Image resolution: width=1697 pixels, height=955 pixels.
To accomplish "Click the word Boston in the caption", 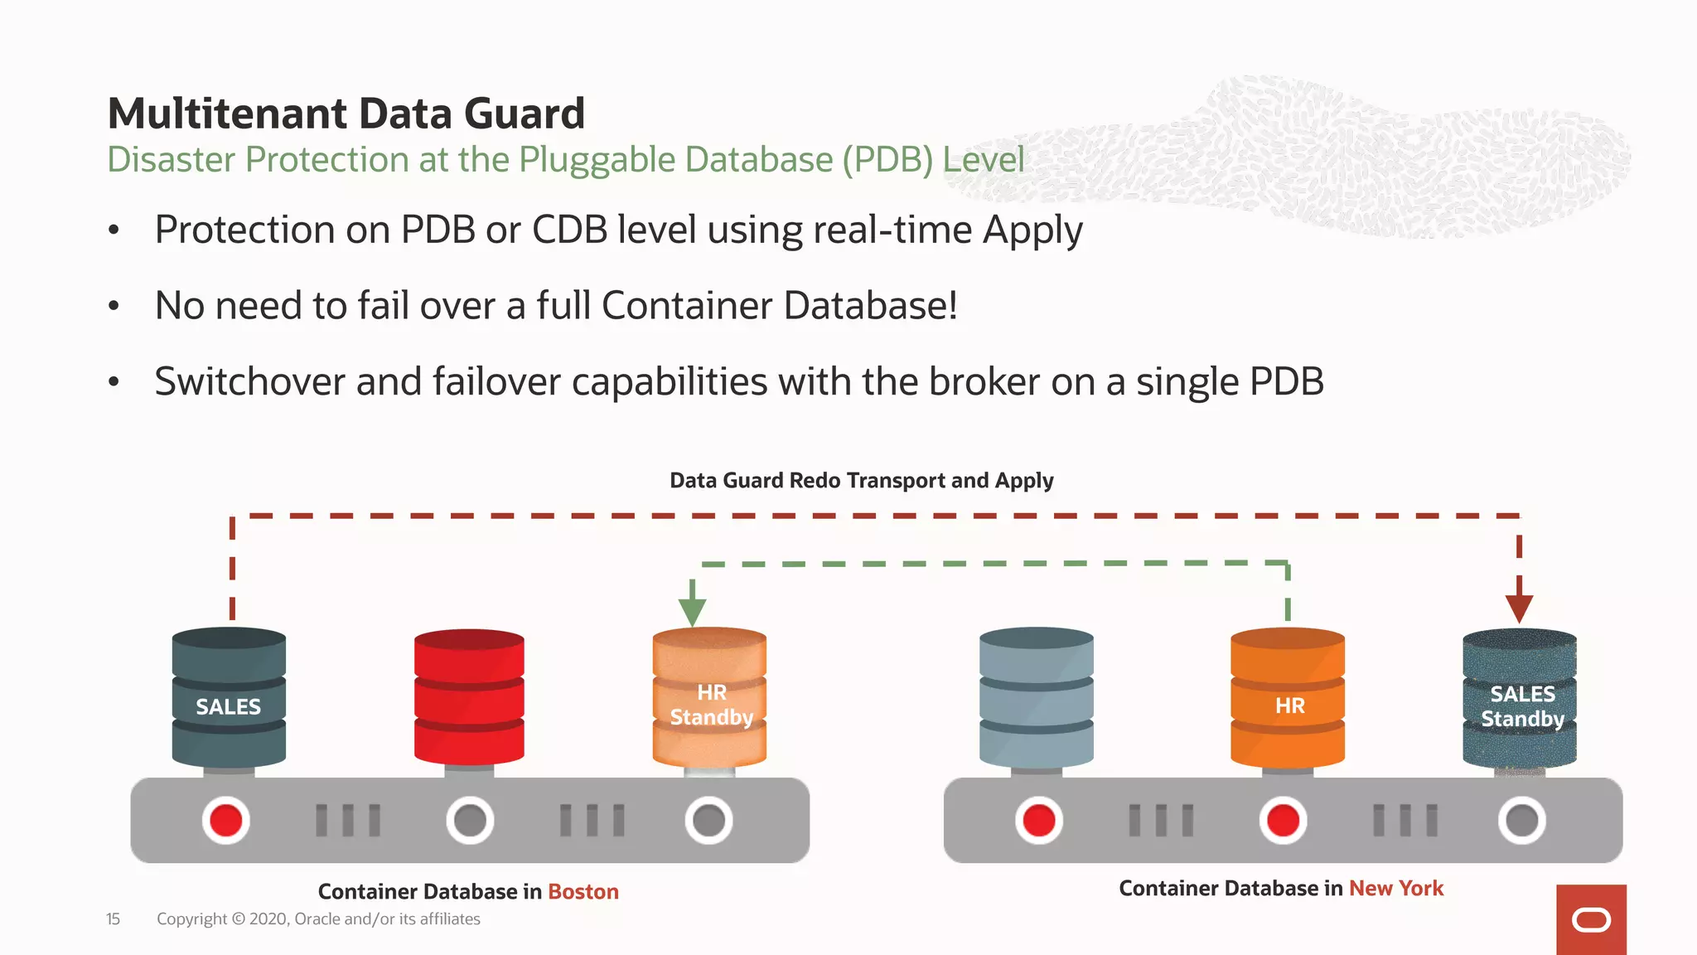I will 583,892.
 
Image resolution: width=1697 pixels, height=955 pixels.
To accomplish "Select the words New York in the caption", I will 1396,889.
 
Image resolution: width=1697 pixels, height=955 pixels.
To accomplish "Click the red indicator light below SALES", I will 225,821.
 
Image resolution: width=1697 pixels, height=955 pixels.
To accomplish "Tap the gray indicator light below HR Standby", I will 708,821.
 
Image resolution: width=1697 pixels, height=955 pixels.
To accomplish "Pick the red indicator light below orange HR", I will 1283,821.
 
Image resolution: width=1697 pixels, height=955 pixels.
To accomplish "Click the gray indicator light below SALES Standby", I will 1521,821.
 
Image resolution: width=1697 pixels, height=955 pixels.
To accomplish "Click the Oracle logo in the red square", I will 1591,920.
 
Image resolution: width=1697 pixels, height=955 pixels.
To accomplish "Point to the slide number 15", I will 113,919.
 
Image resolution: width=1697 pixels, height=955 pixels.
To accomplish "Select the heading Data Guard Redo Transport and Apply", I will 861,481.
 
